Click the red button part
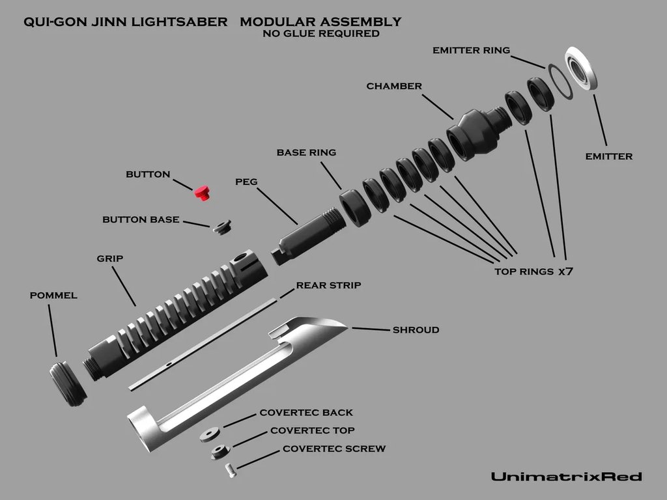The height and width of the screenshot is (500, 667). (x=202, y=192)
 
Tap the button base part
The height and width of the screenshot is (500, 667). (x=221, y=227)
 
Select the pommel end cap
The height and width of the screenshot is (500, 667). (x=68, y=384)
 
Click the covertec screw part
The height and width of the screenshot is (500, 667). (x=230, y=470)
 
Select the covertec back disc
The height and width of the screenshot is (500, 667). (x=210, y=436)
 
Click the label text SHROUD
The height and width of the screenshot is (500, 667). (x=416, y=330)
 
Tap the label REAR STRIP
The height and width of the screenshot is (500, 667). (x=328, y=285)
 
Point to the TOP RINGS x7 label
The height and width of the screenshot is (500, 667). (x=533, y=271)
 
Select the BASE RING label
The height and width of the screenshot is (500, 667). (x=306, y=152)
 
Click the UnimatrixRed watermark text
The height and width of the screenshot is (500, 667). (x=566, y=477)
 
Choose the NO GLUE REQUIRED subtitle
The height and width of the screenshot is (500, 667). (x=320, y=34)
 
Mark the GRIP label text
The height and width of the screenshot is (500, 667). (x=110, y=258)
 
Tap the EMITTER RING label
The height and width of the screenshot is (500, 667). (x=471, y=50)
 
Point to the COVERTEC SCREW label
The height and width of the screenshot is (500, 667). (x=333, y=449)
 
